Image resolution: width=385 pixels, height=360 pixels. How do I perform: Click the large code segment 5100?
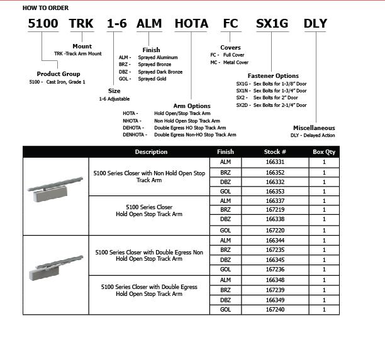(x=43, y=24)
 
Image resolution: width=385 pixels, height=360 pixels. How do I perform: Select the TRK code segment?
(x=81, y=24)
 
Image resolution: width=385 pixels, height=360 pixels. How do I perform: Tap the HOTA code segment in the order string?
(x=191, y=24)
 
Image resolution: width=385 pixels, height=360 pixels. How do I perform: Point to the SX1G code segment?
(x=272, y=24)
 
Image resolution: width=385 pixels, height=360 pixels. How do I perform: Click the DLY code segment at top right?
(x=315, y=24)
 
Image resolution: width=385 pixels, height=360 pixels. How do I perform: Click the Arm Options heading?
(x=192, y=106)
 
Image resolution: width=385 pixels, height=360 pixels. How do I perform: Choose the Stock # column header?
(x=275, y=151)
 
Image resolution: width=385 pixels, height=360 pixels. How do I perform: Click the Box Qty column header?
(x=324, y=151)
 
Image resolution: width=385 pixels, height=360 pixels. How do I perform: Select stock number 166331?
(x=275, y=161)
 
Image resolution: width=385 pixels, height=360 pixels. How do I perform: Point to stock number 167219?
(x=275, y=210)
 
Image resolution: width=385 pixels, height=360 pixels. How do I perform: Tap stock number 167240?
(x=275, y=309)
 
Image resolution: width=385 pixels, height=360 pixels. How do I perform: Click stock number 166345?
(x=275, y=259)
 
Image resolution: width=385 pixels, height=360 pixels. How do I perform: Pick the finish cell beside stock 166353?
(x=225, y=190)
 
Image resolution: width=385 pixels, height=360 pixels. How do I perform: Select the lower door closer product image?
(x=55, y=266)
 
